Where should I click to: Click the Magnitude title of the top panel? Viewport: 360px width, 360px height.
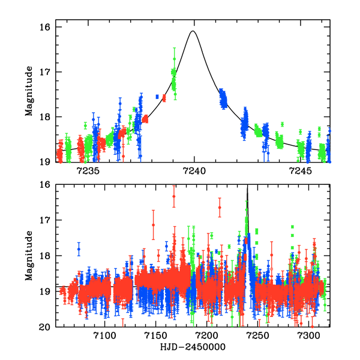(x=29, y=94)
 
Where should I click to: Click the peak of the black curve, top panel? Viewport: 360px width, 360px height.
(x=193, y=31)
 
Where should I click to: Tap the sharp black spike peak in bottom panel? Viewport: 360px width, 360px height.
(x=248, y=187)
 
